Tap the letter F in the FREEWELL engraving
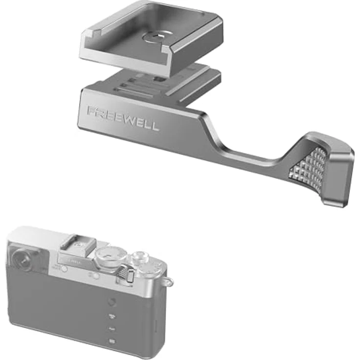point(91,111)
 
